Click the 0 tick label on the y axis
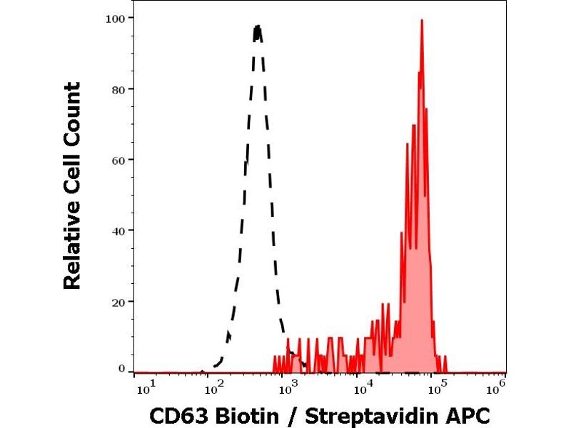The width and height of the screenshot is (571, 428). tap(122, 369)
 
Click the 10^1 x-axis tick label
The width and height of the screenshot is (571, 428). tap(143, 387)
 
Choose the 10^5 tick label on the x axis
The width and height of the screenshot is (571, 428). tap(433, 387)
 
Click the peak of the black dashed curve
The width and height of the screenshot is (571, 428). tap(258, 27)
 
